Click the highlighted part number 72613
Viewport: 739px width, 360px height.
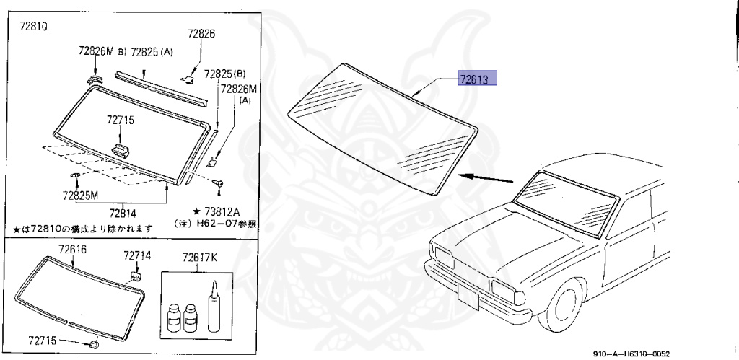(x=477, y=79)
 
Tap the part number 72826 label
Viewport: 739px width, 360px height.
(x=201, y=33)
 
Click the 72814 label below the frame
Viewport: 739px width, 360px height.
(x=123, y=213)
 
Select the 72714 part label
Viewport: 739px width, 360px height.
(x=136, y=255)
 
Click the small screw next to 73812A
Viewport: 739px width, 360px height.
(x=217, y=185)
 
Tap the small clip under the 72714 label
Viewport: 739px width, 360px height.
(x=136, y=274)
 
